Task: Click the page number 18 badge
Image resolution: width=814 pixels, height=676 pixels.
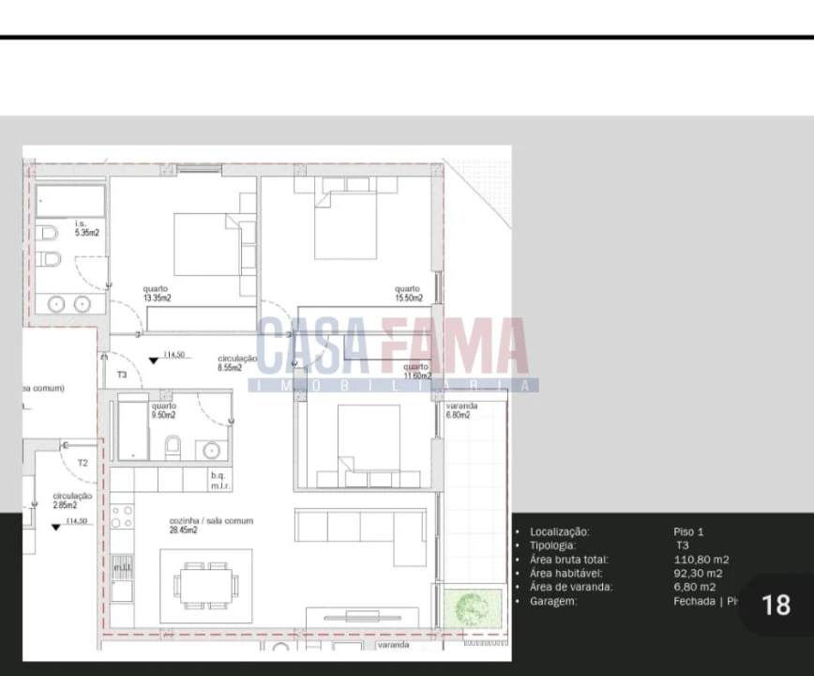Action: tap(776, 605)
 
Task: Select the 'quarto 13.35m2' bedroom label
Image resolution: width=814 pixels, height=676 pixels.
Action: tap(157, 294)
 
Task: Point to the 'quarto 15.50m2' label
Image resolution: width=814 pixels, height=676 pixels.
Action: tap(408, 294)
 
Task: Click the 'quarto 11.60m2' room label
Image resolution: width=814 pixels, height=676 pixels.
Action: tap(416, 371)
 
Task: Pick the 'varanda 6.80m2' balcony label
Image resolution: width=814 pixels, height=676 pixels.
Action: tap(461, 410)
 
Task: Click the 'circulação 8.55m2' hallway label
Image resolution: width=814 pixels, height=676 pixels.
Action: tap(236, 363)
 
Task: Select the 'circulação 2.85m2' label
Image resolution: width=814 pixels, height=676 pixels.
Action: tap(71, 499)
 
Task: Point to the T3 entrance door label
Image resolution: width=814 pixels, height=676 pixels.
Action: tap(122, 375)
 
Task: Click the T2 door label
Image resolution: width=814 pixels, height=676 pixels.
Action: tap(83, 463)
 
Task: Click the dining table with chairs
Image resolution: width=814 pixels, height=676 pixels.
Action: tap(205, 585)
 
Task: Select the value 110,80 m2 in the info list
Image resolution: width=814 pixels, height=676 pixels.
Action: tap(701, 560)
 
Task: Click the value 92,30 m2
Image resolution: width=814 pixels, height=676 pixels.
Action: tap(698, 574)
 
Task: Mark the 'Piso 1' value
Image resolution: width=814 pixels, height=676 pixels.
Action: tap(688, 531)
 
